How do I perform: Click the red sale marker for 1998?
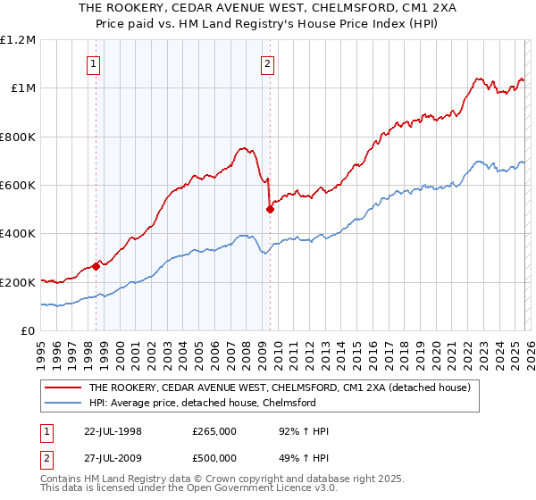(96, 266)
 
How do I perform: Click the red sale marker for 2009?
(270, 210)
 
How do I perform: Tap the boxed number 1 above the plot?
(94, 62)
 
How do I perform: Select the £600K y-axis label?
(18, 186)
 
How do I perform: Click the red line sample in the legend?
(63, 388)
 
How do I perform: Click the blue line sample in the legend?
(63, 404)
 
